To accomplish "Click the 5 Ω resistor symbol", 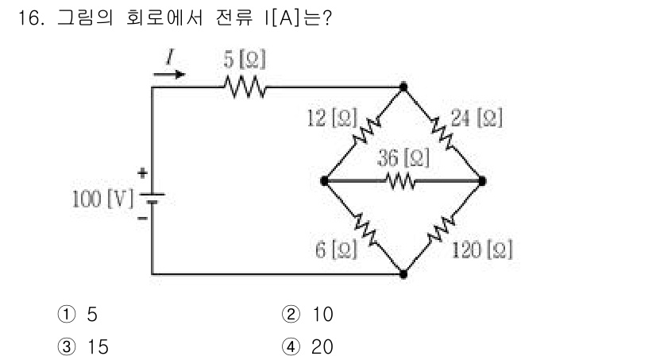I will (245, 85).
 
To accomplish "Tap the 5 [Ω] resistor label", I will (245, 60).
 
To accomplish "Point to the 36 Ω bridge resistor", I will (403, 181).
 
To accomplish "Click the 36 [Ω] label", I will (403, 158).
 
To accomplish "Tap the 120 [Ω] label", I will (481, 250).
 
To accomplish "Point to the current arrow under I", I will (169, 75).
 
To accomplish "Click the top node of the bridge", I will (403, 85).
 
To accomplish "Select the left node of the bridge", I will (325, 181).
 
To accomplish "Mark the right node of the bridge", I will (482, 181).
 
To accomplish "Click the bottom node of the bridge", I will (403, 274).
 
